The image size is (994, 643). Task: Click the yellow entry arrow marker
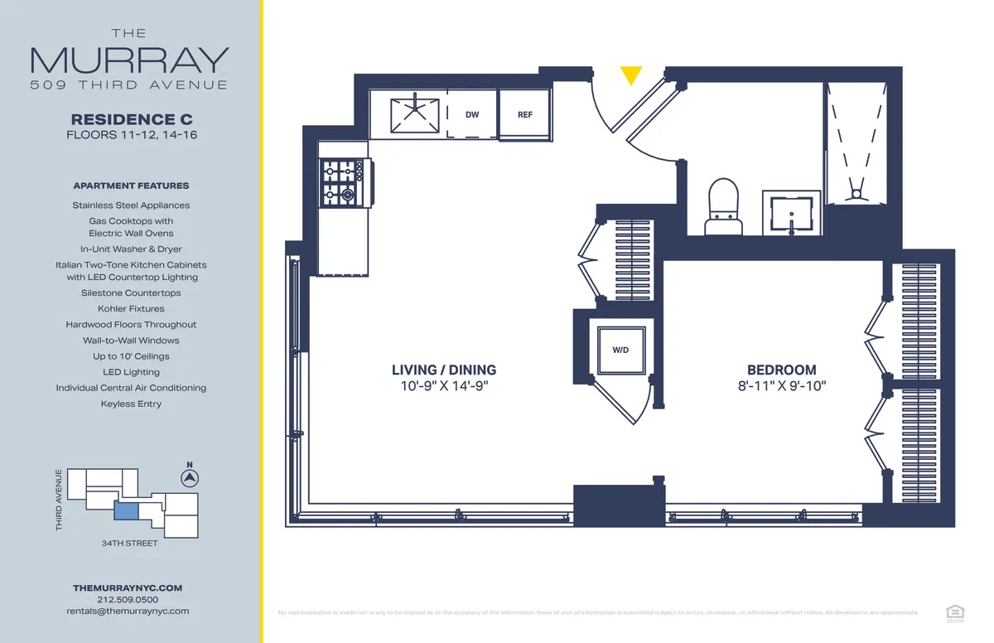(631, 75)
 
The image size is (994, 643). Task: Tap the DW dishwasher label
(472, 115)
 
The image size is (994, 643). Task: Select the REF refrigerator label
(525, 115)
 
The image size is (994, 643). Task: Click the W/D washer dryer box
(620, 351)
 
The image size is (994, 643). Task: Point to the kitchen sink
(416, 115)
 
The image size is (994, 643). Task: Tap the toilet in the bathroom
(723, 205)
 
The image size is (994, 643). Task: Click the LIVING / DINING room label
(444, 370)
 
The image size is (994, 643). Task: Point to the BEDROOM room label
(781, 370)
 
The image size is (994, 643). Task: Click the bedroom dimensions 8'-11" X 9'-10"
(781, 385)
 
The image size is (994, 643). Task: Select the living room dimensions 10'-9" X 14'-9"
(444, 385)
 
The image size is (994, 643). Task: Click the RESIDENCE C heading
(133, 119)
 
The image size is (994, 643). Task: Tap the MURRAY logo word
(129, 60)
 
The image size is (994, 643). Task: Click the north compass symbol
(190, 478)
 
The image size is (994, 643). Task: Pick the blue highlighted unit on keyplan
(126, 511)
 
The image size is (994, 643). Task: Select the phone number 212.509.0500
(128, 599)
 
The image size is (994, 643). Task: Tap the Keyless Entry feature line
(131, 404)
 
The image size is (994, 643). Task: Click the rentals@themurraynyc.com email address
(128, 611)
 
